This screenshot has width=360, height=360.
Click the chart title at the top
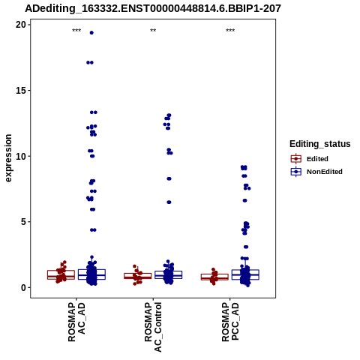[153, 8]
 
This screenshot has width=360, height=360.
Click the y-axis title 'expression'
[8, 158]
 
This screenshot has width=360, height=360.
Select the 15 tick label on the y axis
[21, 91]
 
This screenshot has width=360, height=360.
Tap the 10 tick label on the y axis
[21, 156]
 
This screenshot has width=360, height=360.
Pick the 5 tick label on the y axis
[23, 222]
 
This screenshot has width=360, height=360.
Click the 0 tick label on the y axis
[23, 288]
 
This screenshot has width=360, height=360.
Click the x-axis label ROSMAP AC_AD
[76, 322]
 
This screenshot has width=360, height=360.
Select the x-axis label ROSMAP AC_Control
[153, 327]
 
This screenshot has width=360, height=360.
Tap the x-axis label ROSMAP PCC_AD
[230, 322]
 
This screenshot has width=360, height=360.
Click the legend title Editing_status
[320, 144]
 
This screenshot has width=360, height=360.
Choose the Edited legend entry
[310, 159]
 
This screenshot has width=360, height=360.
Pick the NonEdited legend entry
[316, 172]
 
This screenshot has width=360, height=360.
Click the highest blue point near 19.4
[91, 33]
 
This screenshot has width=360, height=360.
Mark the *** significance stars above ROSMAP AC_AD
[76, 31]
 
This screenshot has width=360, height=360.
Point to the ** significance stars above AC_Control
[153, 31]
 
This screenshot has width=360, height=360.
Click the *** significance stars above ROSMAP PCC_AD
[230, 31]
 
